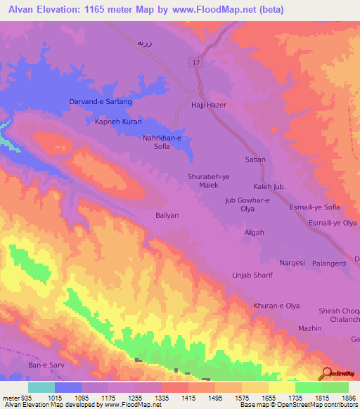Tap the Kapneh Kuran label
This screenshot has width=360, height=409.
118,122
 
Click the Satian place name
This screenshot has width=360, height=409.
255,160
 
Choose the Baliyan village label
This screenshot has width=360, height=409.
167,215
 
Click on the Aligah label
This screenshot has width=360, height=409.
254,233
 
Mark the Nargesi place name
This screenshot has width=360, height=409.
292,262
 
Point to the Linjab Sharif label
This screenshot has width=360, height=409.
252,275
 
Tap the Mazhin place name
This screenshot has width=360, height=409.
309,328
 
